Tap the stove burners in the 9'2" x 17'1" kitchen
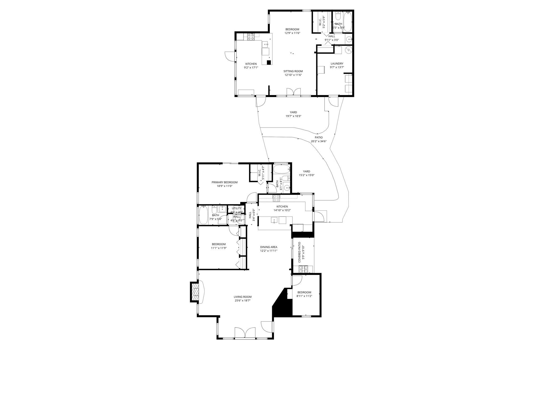point(65,37)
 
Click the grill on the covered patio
point(303,269)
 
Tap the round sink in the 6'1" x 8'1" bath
point(287,188)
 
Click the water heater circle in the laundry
point(348,50)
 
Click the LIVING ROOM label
point(243,297)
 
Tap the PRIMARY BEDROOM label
point(224,182)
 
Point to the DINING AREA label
point(269,247)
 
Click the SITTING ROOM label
point(293,71)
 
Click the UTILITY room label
point(236,208)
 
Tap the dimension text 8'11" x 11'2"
point(304,296)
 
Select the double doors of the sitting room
point(294,92)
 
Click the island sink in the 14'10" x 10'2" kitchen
point(274,220)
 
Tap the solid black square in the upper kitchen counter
point(269,62)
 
